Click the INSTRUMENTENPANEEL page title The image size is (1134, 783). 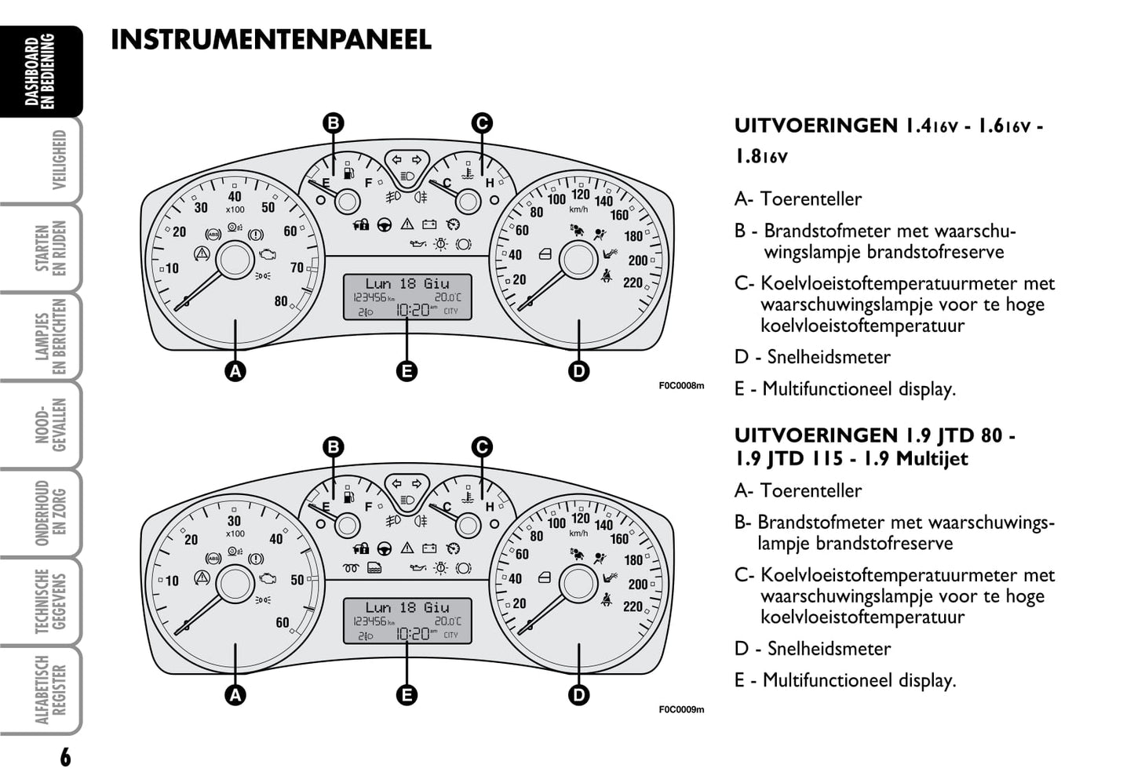[x=271, y=39]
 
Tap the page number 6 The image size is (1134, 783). [x=65, y=757]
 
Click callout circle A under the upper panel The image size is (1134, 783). [x=235, y=371]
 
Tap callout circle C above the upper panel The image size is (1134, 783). [x=482, y=123]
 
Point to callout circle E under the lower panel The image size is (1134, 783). [x=407, y=694]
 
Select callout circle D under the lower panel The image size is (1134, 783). [x=578, y=694]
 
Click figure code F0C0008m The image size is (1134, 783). [x=681, y=386]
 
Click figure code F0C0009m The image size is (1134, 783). [x=681, y=710]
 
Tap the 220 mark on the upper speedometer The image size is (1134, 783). [x=633, y=282]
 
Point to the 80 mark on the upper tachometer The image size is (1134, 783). [x=281, y=301]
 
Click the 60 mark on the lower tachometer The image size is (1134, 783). [x=283, y=623]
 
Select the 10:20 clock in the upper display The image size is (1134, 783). [x=412, y=310]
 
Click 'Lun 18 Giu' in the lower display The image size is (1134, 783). [x=407, y=607]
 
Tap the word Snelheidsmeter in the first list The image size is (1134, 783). [x=829, y=357]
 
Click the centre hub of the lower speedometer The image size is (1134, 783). [x=578, y=582]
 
